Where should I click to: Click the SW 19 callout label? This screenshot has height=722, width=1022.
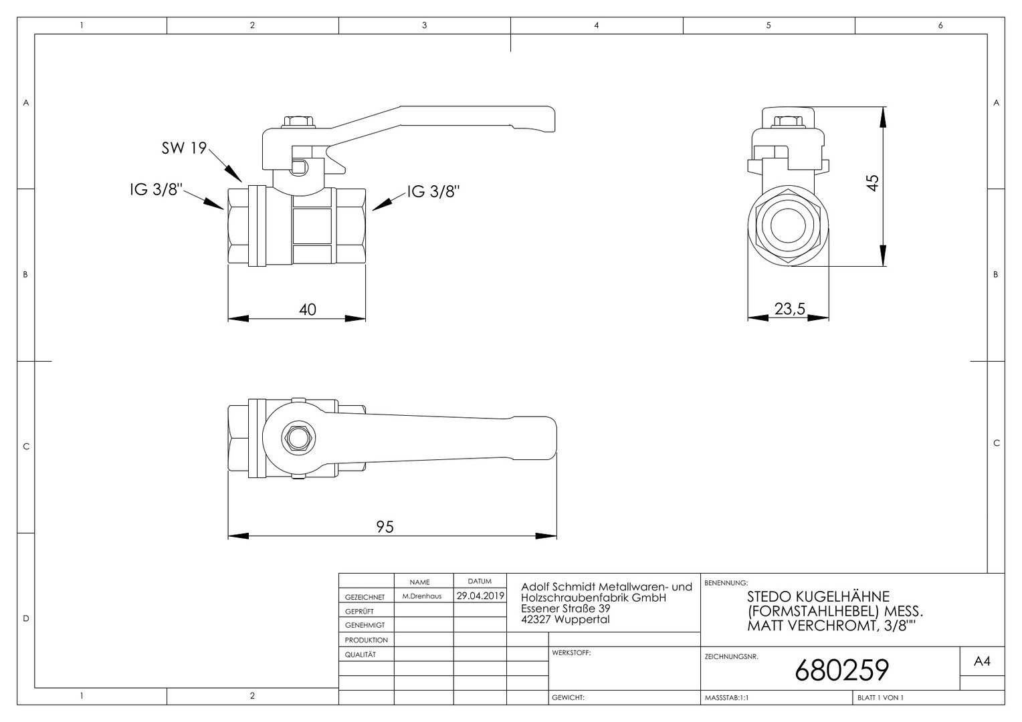pyautogui.click(x=185, y=148)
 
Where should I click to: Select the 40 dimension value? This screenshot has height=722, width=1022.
pyautogui.click(x=308, y=310)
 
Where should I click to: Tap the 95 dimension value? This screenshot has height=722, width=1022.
pyautogui.click(x=385, y=527)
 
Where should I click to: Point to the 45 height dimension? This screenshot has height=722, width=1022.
pyautogui.click(x=872, y=183)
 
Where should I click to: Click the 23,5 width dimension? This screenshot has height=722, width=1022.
pyautogui.click(x=790, y=309)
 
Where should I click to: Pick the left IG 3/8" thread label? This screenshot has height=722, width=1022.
pyautogui.click(x=156, y=189)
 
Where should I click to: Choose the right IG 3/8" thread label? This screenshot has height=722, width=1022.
pyautogui.click(x=433, y=192)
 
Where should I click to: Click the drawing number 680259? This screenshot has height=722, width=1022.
pyautogui.click(x=842, y=670)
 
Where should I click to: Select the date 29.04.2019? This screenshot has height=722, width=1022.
pyautogui.click(x=480, y=596)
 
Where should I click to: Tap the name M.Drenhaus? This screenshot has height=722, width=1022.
pyautogui.click(x=422, y=596)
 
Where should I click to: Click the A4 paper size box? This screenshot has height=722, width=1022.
pyautogui.click(x=982, y=661)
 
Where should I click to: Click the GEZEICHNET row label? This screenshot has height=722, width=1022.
pyautogui.click(x=365, y=597)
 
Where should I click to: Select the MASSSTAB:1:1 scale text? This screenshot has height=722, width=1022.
pyautogui.click(x=727, y=698)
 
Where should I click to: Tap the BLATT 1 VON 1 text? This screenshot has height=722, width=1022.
pyautogui.click(x=881, y=697)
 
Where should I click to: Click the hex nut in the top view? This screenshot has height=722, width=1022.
pyautogui.click(x=299, y=439)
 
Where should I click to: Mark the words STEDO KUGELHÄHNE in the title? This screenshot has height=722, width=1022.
pyautogui.click(x=818, y=596)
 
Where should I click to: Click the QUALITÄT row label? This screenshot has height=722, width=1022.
pyautogui.click(x=361, y=654)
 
